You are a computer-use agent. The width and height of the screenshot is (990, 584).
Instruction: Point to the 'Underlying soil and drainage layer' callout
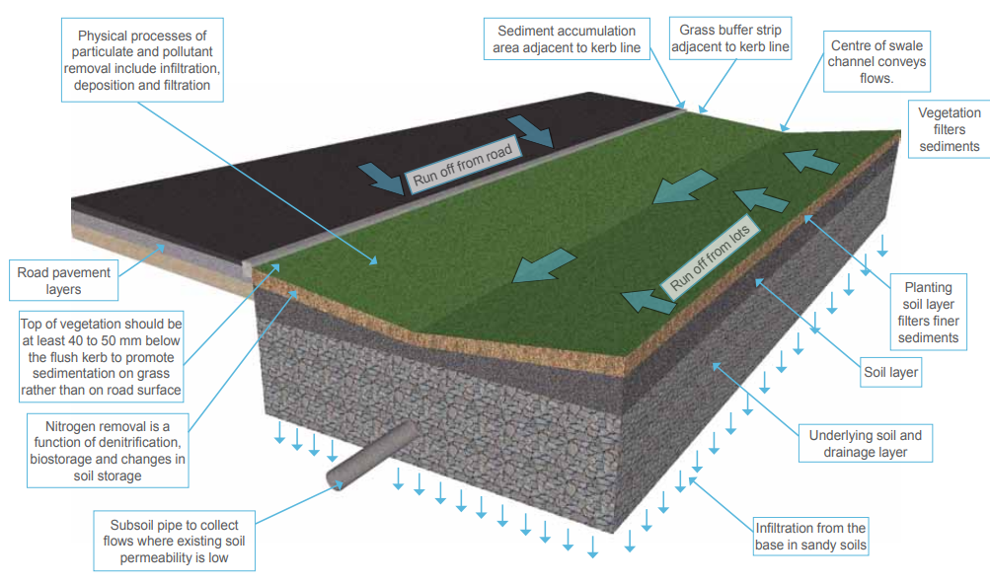[865, 443]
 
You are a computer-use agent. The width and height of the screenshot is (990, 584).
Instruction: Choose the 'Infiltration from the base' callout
[809, 536]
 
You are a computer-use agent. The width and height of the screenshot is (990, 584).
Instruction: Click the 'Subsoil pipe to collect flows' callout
[174, 538]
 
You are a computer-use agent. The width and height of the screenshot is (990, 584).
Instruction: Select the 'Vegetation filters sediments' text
[949, 129]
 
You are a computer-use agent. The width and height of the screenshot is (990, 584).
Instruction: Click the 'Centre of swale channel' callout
[876, 61]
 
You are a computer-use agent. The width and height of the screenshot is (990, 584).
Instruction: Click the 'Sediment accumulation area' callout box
[567, 38]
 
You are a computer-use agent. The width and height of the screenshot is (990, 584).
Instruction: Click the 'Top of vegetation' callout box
[101, 356]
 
